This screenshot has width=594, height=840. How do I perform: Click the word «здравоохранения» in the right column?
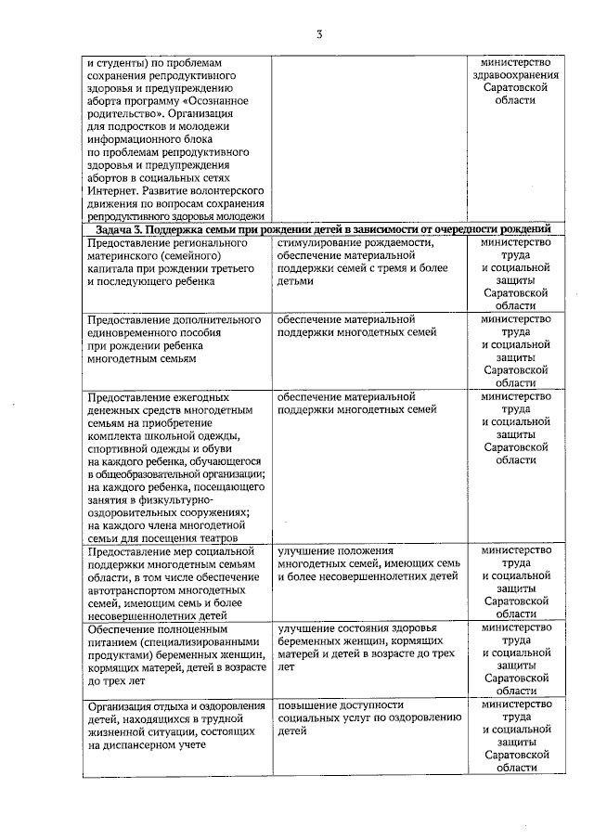click(x=515, y=72)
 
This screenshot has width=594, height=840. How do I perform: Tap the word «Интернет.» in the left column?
click(x=112, y=189)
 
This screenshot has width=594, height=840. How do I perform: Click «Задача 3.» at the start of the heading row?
click(x=118, y=228)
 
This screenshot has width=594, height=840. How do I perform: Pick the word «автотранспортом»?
click(x=134, y=589)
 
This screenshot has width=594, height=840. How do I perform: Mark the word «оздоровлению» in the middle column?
click(x=422, y=717)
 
